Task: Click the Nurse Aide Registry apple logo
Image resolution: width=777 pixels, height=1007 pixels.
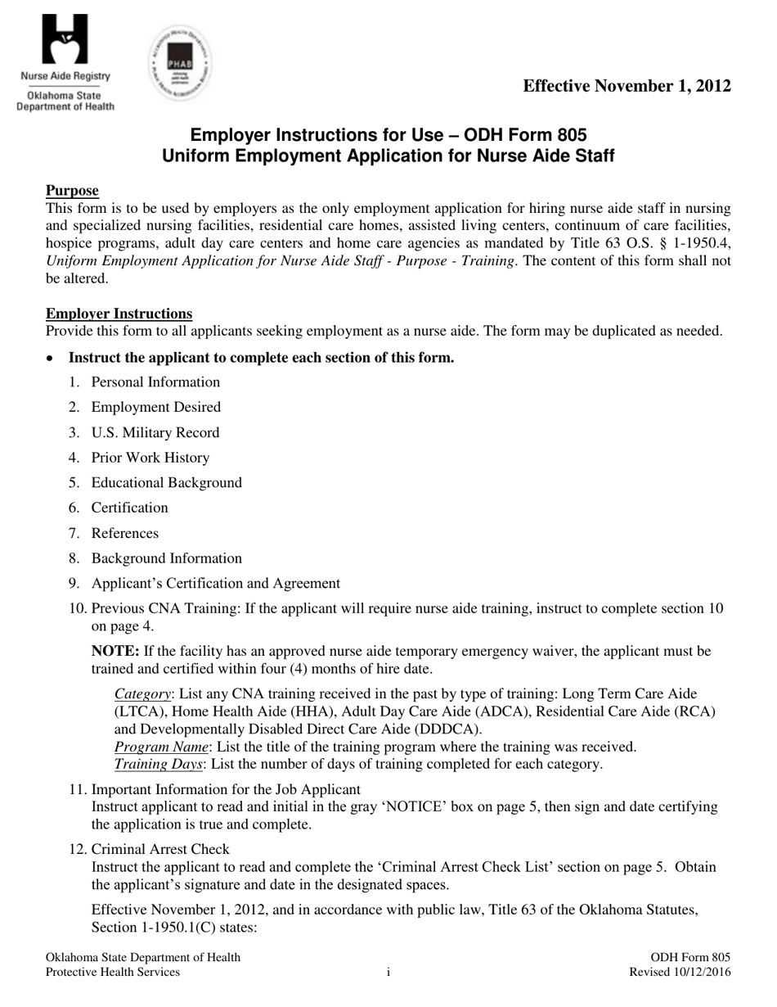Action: pyautogui.click(x=65, y=41)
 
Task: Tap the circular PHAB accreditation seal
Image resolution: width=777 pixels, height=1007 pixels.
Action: pyautogui.click(x=180, y=63)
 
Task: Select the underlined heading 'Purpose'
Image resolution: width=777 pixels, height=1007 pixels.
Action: pyautogui.click(x=72, y=191)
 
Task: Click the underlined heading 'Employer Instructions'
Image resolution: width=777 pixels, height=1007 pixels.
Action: pyautogui.click(x=119, y=314)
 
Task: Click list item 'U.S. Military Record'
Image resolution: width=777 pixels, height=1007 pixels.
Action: pyautogui.click(x=155, y=432)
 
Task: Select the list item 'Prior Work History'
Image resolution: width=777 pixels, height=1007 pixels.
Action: pyautogui.click(x=150, y=458)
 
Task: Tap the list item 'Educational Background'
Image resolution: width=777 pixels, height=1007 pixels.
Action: pyautogui.click(x=166, y=482)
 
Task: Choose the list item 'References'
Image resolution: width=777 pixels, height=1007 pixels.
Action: pyautogui.click(x=124, y=533)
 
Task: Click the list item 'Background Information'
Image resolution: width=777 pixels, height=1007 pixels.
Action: pyautogui.click(x=166, y=558)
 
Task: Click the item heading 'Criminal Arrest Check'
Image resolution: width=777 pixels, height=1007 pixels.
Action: pyautogui.click(x=160, y=849)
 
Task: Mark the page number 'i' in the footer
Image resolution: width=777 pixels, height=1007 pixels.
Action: pyautogui.click(x=388, y=973)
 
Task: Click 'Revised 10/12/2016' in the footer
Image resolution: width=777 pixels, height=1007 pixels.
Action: pyautogui.click(x=679, y=973)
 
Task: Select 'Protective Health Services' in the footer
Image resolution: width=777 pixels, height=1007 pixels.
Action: pyautogui.click(x=113, y=973)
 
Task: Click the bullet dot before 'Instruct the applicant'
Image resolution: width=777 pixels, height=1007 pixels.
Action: pyautogui.click(x=51, y=359)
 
